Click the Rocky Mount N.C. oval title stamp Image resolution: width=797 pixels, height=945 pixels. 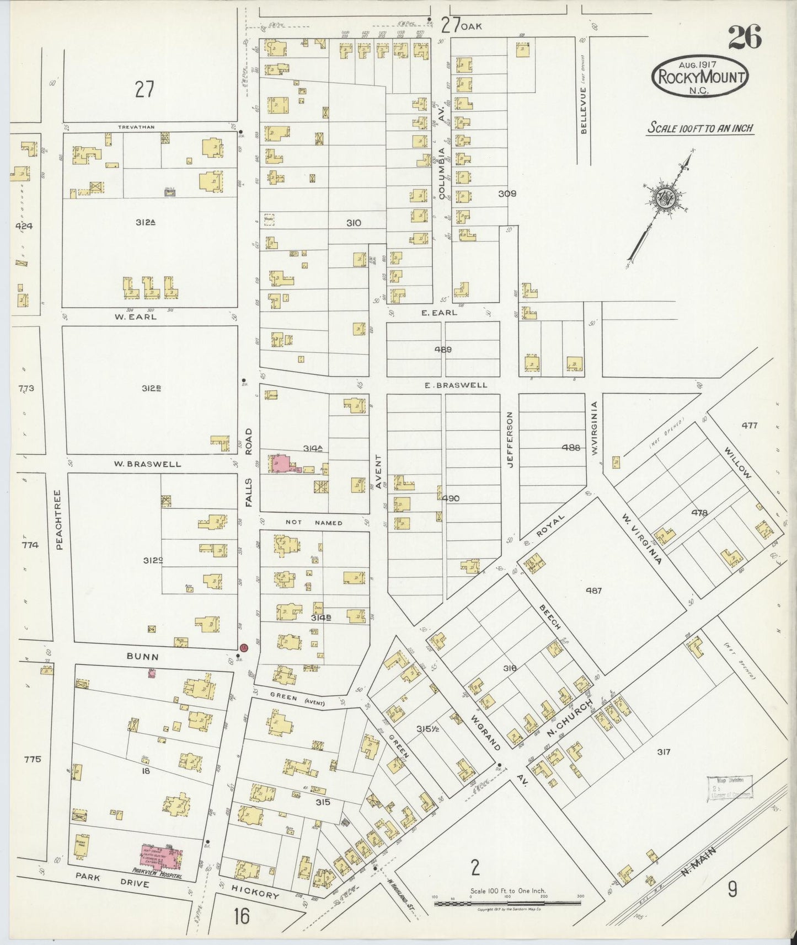(700, 77)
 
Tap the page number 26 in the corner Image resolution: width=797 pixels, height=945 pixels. (744, 37)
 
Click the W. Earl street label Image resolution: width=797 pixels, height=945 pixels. (135, 316)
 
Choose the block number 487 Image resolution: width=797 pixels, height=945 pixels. (593, 590)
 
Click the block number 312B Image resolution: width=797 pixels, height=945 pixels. (151, 388)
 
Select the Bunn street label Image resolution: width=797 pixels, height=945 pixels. (143, 657)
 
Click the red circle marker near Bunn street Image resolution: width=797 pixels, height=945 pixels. (244, 648)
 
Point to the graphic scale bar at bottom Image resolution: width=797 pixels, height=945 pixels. (507, 903)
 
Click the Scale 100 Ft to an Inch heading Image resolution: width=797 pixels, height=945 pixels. (700, 128)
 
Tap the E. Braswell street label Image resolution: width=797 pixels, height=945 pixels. (456, 385)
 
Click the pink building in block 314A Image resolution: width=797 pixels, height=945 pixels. (282, 463)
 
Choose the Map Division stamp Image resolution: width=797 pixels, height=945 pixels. (729, 788)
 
